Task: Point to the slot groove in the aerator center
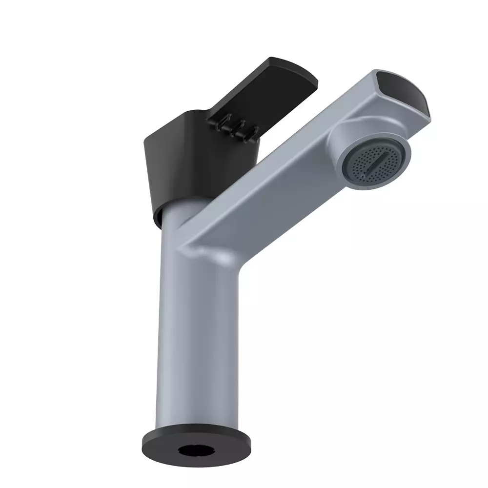[378, 161]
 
